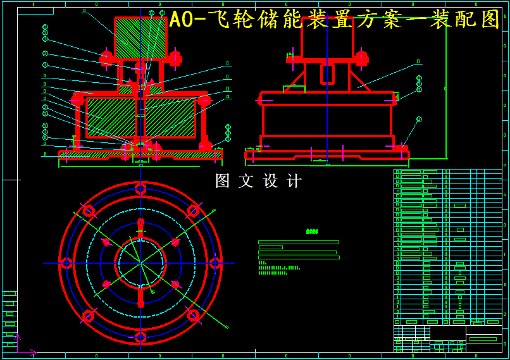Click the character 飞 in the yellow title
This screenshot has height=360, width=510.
pos(219,20)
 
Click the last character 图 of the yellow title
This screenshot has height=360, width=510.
pos(490,20)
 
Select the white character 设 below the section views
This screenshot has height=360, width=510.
pos(271,181)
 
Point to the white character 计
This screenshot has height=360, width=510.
pos(294,181)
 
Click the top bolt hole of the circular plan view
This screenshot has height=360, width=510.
pos(140,188)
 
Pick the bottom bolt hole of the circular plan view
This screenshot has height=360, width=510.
pos(140,337)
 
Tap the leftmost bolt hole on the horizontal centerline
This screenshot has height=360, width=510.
pos(66,263)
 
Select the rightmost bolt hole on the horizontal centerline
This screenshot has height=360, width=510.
pos(215,263)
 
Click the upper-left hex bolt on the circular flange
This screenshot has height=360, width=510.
pos(88,210)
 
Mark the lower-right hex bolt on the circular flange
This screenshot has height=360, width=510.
pos(193,315)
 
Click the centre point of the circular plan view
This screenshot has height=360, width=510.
pos(140,263)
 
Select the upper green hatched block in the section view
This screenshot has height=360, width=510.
pos(140,38)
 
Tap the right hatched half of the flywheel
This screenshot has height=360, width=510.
pos(170,118)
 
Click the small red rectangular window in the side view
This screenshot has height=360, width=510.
pos(327,74)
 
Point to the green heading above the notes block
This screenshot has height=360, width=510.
pos(312,232)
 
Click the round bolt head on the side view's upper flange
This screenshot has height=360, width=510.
pos(361,59)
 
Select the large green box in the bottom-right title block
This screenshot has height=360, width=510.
pos(483,339)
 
